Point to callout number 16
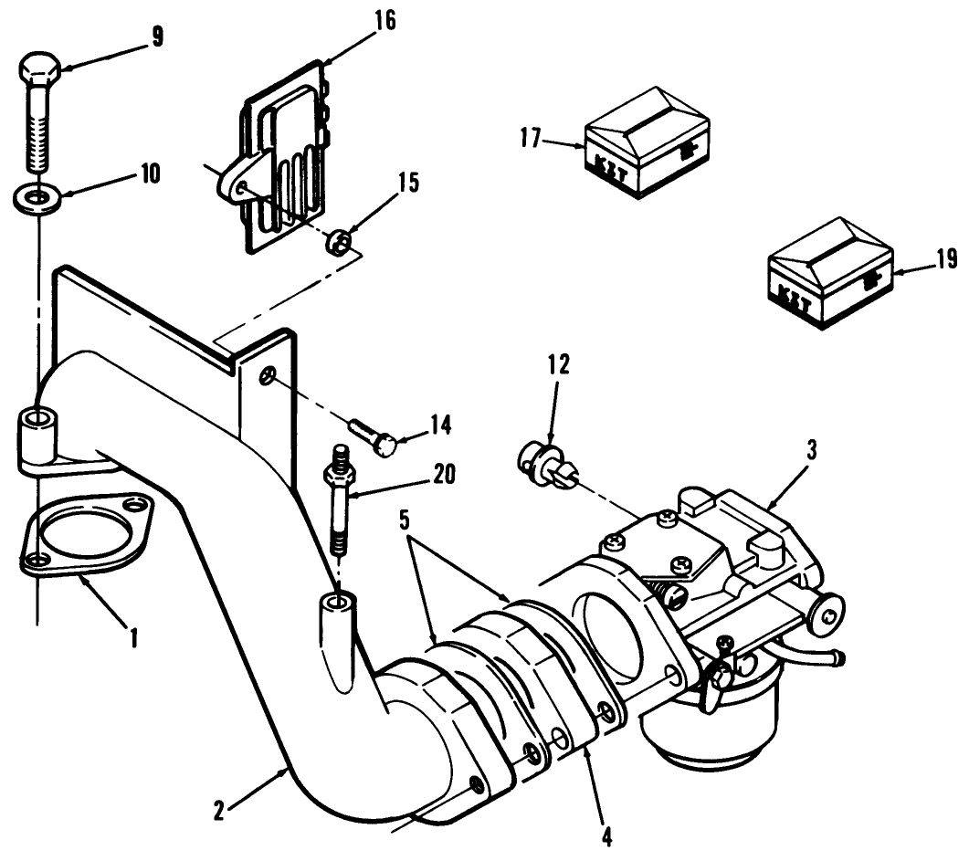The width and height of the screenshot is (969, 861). [x=384, y=21]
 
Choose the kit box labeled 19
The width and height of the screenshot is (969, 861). [x=829, y=271]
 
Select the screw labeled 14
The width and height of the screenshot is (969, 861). [x=374, y=436]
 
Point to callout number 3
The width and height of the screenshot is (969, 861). [x=810, y=449]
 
